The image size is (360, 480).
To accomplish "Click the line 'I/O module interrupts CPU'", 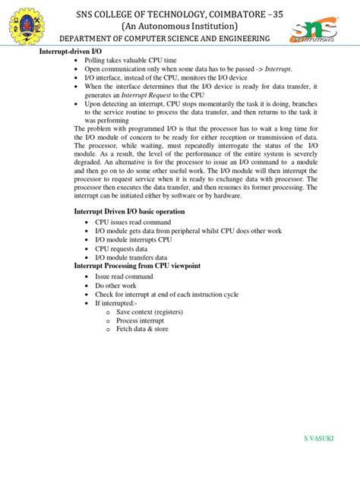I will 134,239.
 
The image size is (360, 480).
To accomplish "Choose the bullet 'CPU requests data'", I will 122,248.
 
